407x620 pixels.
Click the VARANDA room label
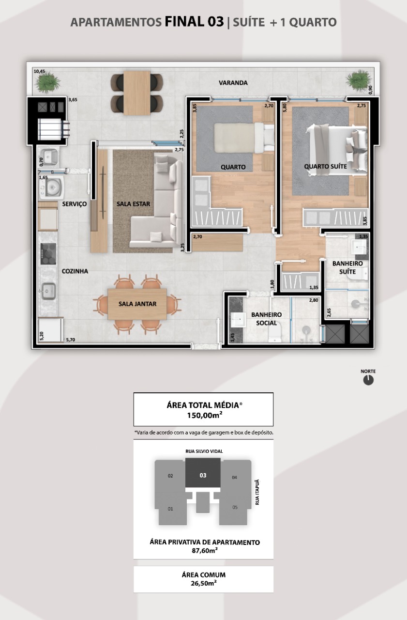point(233,83)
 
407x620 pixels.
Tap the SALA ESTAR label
point(133,204)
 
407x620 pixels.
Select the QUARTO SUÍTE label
point(325,166)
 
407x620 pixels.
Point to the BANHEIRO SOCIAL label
point(266,319)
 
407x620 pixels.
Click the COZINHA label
point(75,271)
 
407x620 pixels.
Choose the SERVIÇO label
point(75,204)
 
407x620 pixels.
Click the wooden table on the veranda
point(137,93)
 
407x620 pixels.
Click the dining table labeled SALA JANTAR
point(137,304)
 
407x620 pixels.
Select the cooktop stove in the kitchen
point(48,254)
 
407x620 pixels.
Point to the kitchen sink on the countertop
point(48,292)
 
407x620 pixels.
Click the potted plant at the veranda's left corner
point(47,82)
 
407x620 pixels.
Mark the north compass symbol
point(368,380)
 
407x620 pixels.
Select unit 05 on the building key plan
point(235,507)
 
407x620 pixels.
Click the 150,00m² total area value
point(205,415)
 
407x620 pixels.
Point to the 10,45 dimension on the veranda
point(39,71)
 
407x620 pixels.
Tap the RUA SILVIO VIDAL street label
point(204,451)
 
